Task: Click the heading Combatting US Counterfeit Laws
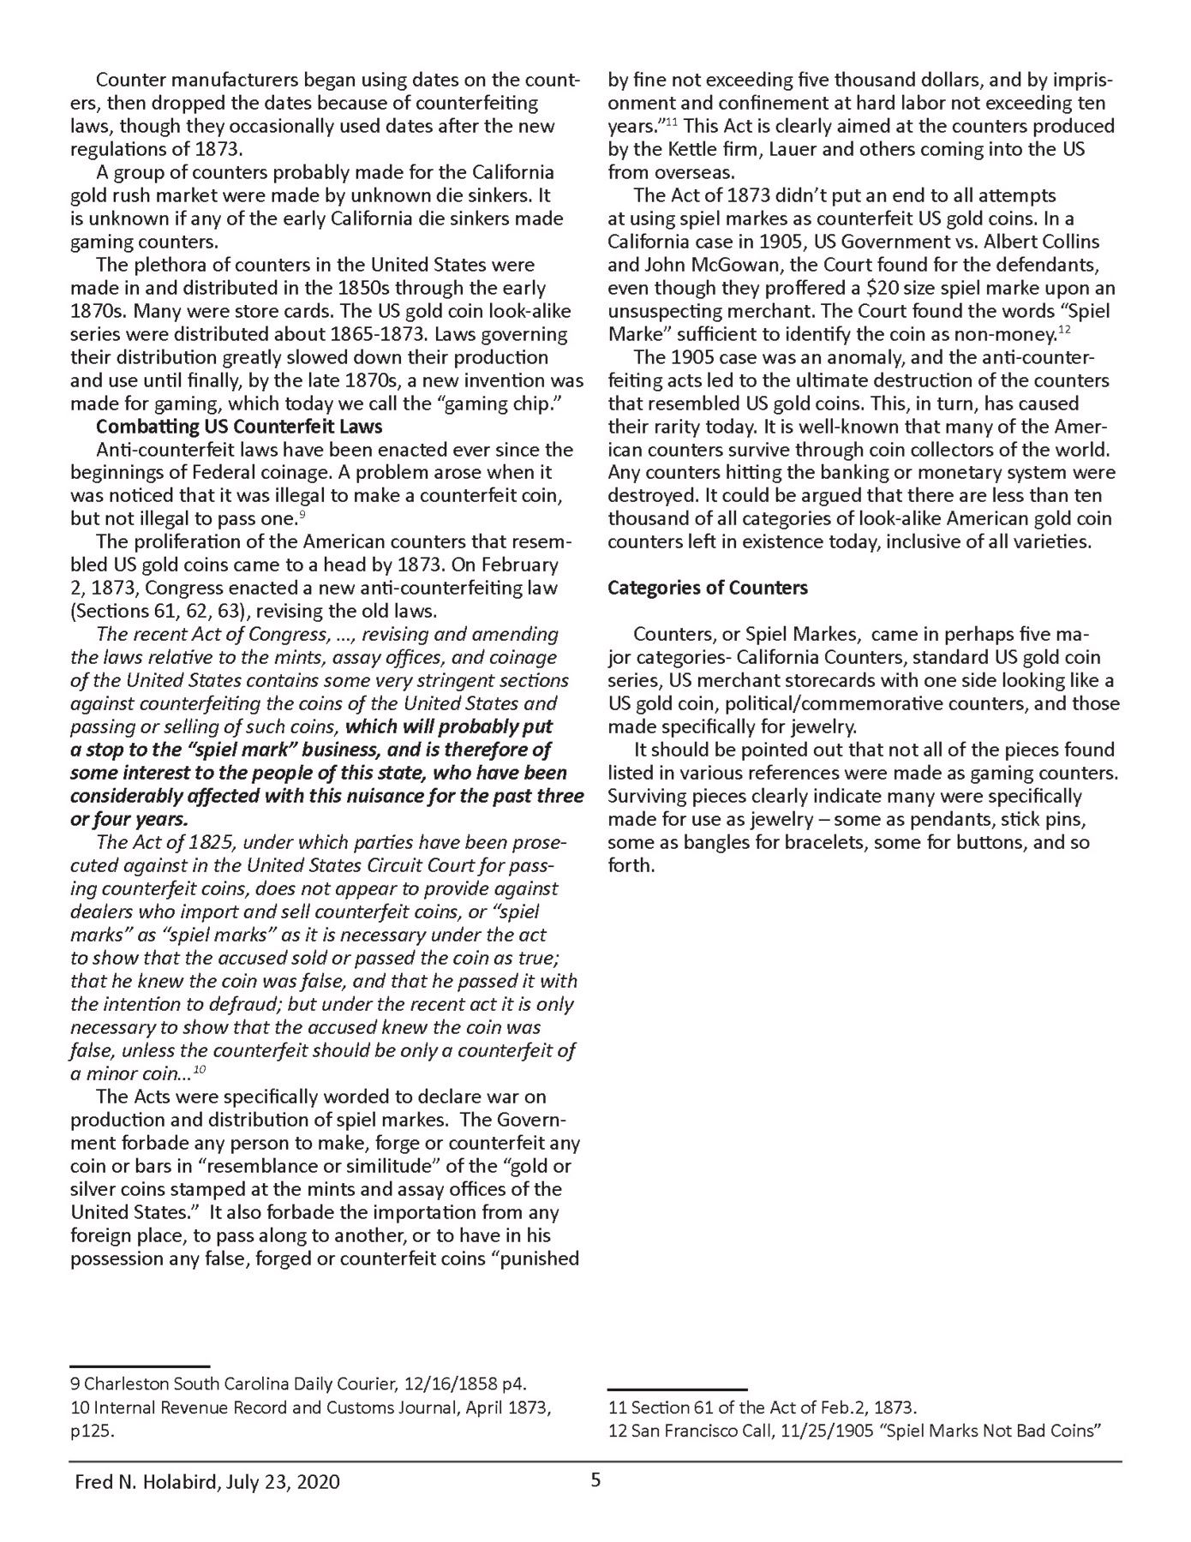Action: pos(239,427)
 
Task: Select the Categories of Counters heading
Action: pos(708,589)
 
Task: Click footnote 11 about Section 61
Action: pos(763,1407)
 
